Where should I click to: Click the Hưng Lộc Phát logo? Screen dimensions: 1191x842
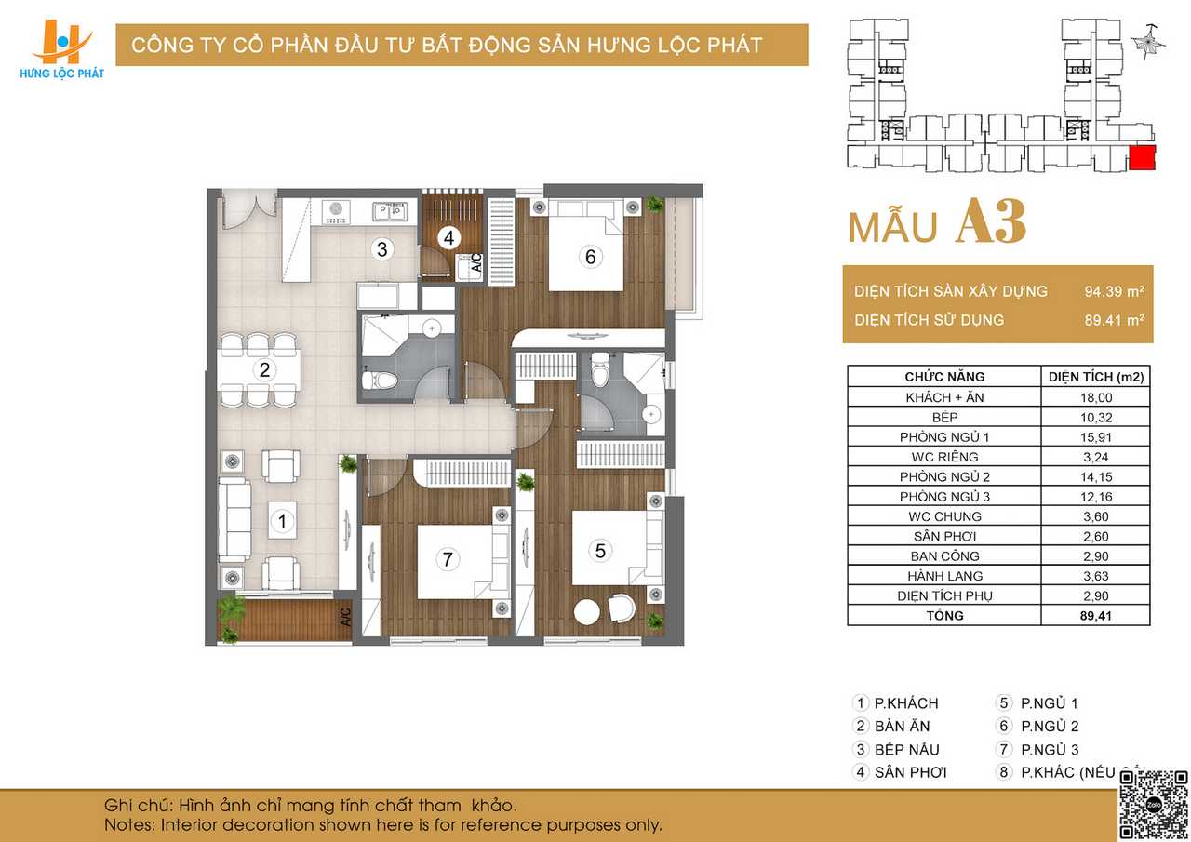click(61, 49)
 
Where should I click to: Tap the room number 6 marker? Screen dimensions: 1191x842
click(590, 257)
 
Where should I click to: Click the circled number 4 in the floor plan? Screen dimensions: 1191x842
click(448, 237)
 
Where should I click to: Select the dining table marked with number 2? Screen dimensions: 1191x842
click(260, 370)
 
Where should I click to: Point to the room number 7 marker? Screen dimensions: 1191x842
click(448, 558)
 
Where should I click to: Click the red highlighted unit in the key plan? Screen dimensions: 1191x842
click(1142, 157)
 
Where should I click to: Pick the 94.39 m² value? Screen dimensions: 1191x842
click(1114, 291)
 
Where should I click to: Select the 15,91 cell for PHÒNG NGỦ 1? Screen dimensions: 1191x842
click(1096, 437)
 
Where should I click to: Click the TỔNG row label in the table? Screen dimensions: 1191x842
click(944, 616)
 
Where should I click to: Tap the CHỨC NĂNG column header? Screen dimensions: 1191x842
click(944, 377)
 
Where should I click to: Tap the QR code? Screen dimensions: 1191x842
click(1153, 805)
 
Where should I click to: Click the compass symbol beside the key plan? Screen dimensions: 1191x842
click(1149, 42)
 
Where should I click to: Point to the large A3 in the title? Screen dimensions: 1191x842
click(991, 221)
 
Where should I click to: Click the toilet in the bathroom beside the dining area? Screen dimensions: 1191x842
click(379, 381)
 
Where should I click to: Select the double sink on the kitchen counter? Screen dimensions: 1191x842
click(390, 211)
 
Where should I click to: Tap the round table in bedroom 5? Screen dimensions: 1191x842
click(587, 612)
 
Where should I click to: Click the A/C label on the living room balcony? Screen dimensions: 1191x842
click(345, 618)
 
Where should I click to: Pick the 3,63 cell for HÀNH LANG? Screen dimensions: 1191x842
click(1096, 576)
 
